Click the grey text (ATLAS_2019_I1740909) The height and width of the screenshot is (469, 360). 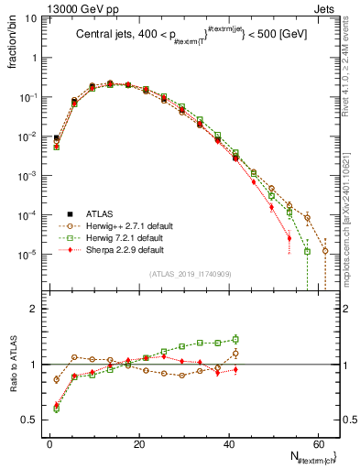click(x=191, y=273)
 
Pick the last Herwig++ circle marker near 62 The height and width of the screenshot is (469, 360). click(x=325, y=251)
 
